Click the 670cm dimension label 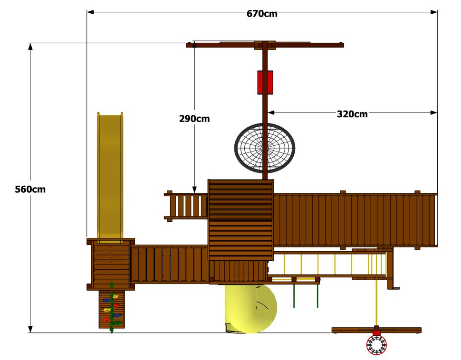click(x=262, y=13)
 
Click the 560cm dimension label click(x=30, y=189)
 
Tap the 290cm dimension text click(x=194, y=119)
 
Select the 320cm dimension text click(x=352, y=114)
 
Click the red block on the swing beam click(x=265, y=82)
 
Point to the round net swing click(x=265, y=148)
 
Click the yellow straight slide click(x=110, y=178)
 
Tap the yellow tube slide click(x=251, y=308)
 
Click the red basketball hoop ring click(x=376, y=345)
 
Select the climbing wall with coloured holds click(x=112, y=309)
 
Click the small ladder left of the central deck click(x=186, y=206)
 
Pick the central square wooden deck click(x=240, y=220)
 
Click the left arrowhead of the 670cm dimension click(x=90, y=12)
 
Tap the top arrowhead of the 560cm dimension click(x=30, y=47)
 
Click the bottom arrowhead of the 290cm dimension click(x=194, y=189)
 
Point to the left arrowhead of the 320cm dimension click(x=271, y=113)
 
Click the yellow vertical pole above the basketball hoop click(x=376, y=302)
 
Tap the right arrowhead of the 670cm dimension click(x=434, y=12)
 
